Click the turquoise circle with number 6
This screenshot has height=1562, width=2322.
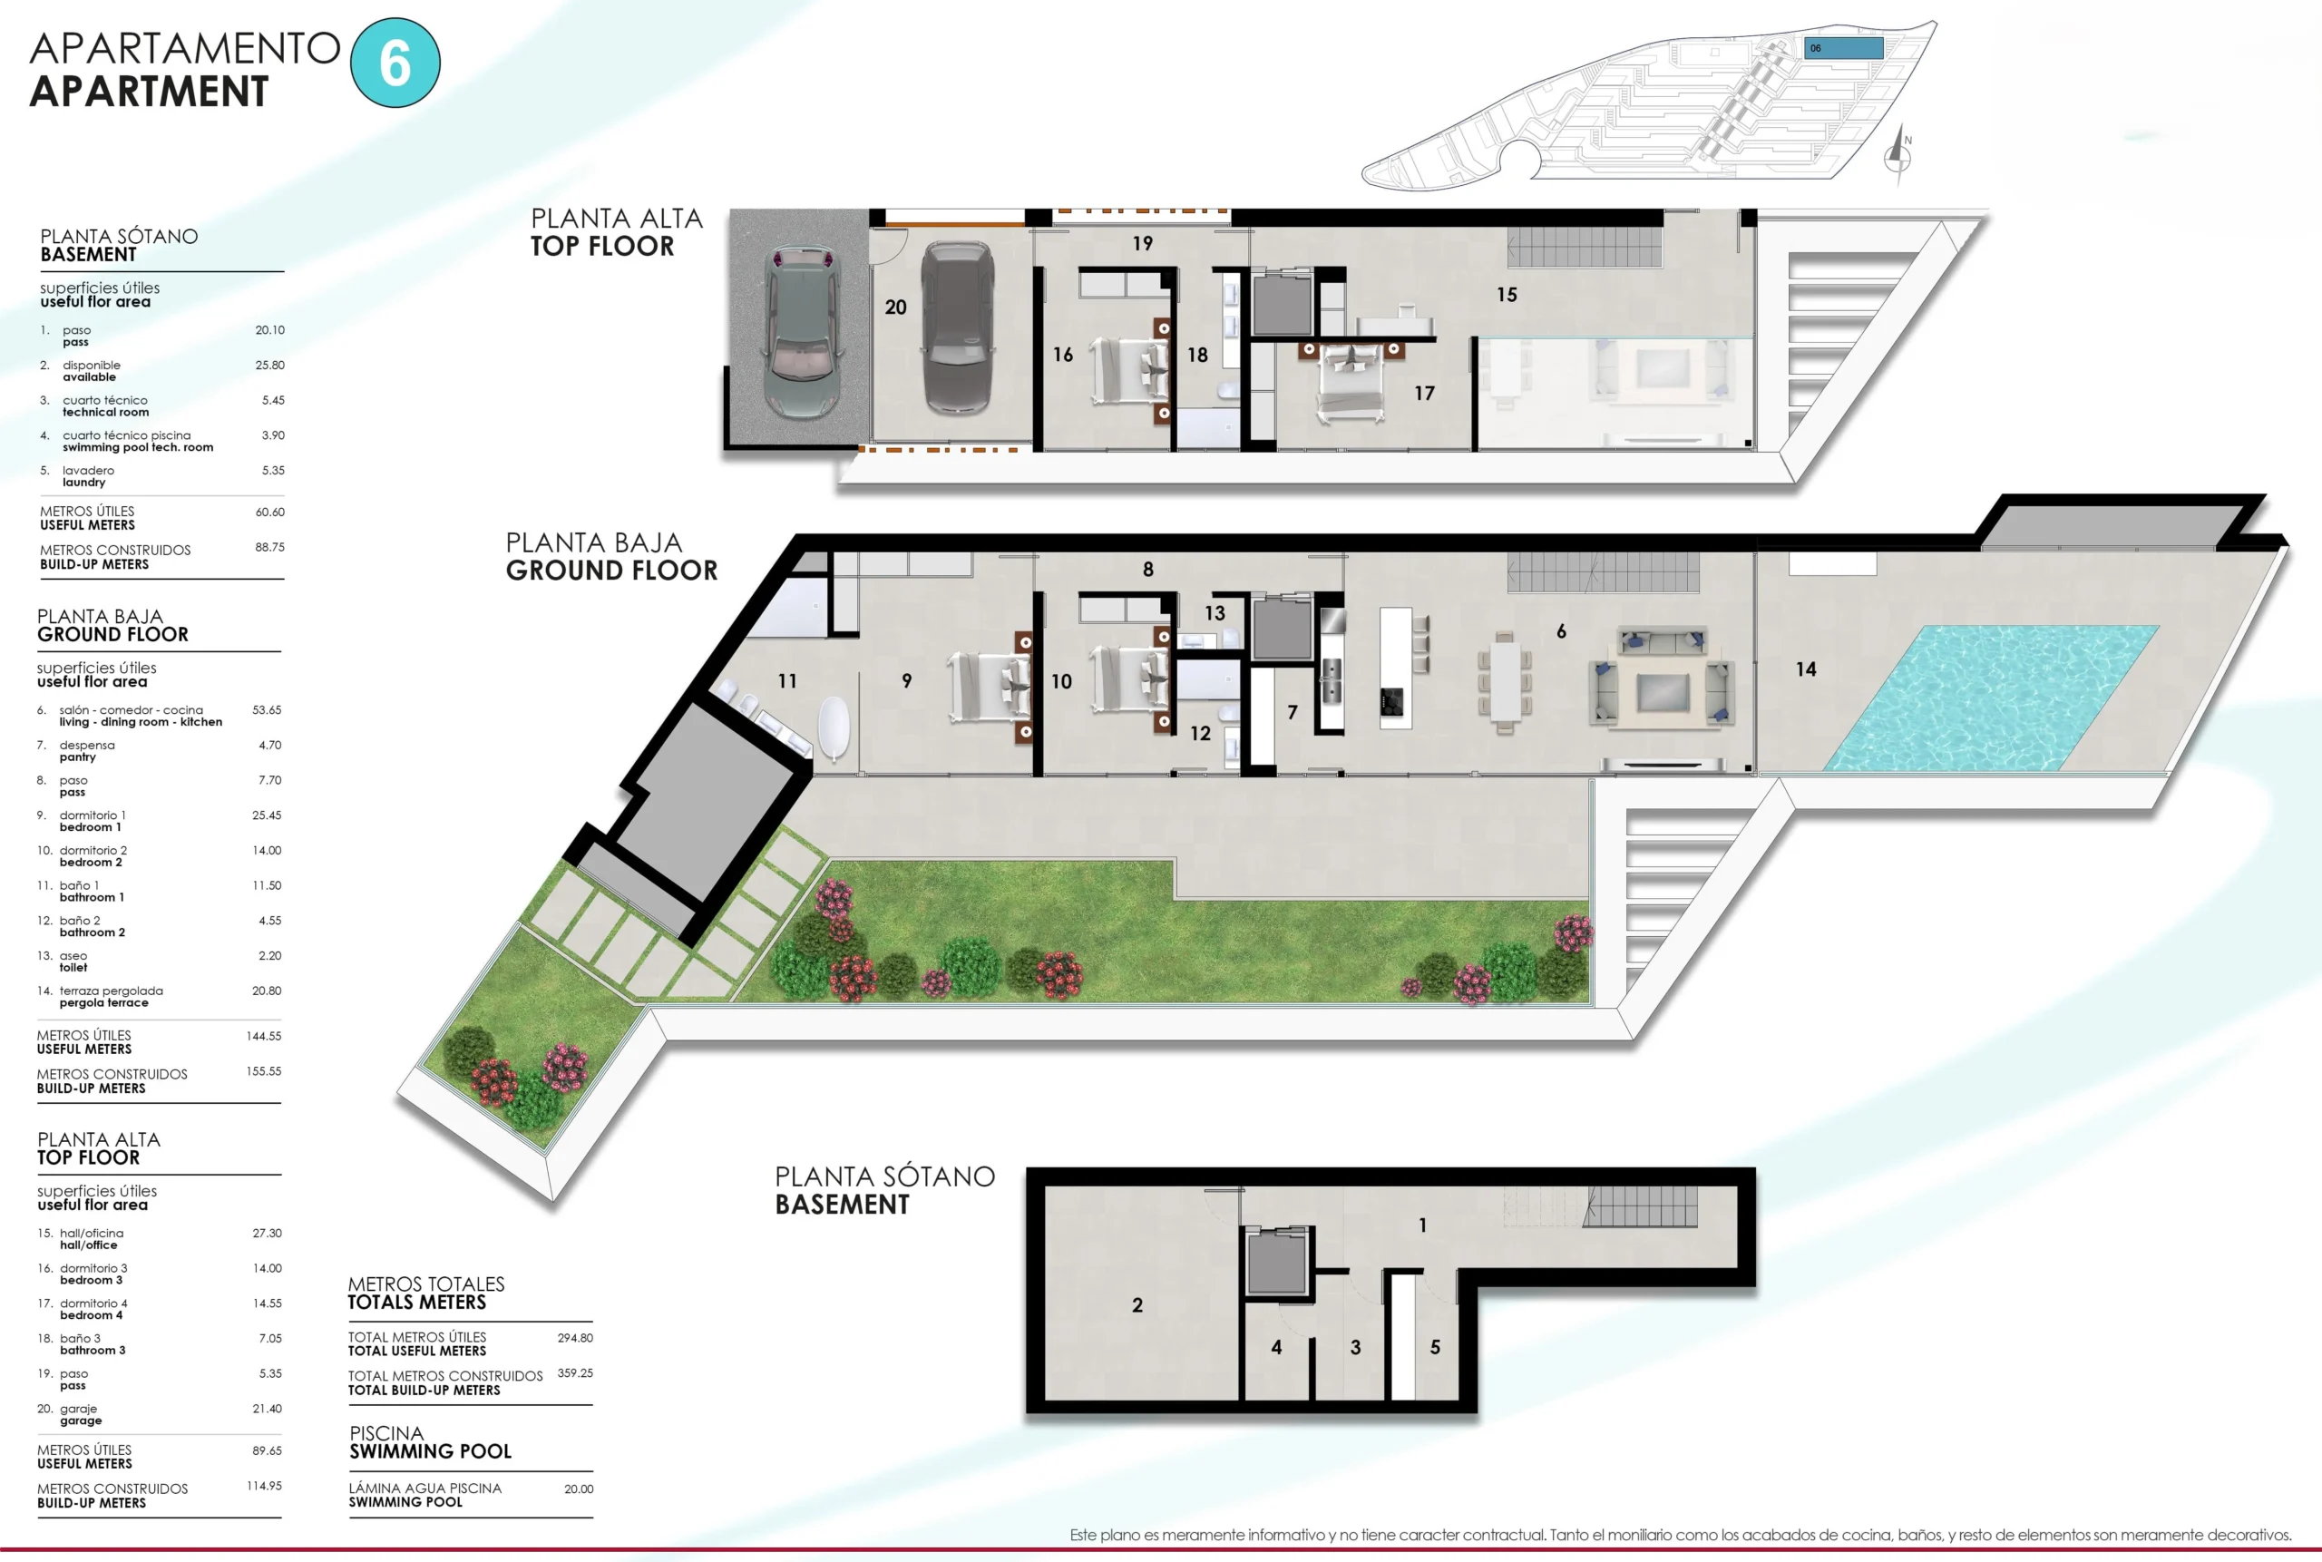point(395,63)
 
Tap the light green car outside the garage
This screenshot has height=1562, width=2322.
point(800,333)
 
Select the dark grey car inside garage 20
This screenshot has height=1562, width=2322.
point(957,327)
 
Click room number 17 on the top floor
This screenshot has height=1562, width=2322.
point(1424,394)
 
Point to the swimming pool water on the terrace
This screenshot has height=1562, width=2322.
point(1992,698)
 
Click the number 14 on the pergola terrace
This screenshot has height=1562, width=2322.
point(1806,669)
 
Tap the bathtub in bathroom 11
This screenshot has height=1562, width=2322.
point(833,729)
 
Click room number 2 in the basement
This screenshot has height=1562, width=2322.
point(1137,1305)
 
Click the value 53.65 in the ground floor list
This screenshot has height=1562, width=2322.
point(267,710)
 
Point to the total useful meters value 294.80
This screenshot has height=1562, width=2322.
point(575,1338)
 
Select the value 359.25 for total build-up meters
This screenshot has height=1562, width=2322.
point(575,1372)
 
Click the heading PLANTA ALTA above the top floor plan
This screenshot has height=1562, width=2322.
point(617,219)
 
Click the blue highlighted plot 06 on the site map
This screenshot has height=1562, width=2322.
point(1844,48)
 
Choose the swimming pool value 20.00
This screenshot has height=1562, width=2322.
point(579,1489)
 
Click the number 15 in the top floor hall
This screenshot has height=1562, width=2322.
point(1507,295)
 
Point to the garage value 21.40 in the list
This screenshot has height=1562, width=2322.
point(267,1409)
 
